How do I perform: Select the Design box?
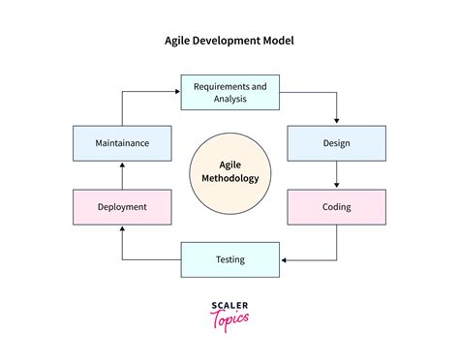coord(336,143)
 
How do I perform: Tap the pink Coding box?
coord(336,207)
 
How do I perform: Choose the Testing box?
coord(229,259)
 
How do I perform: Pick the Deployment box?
coord(122,207)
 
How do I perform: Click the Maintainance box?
coord(122,143)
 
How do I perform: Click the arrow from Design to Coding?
coord(336,174)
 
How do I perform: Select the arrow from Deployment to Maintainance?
coord(122,175)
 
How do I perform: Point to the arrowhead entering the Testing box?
coord(283,259)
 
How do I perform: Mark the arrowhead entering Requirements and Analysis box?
coord(177,92)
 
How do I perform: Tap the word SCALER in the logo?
coord(229,304)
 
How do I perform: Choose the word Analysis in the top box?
coord(229,99)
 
